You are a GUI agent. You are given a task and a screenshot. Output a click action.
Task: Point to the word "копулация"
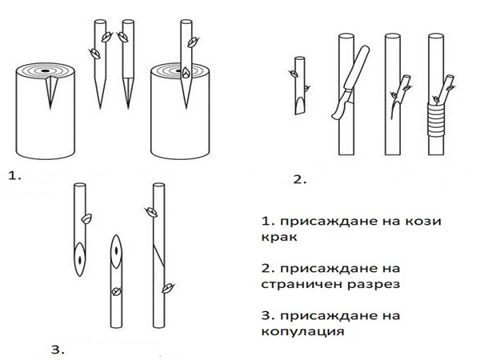pos(301,329)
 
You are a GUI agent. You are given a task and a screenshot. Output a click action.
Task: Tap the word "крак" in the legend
pos(278,237)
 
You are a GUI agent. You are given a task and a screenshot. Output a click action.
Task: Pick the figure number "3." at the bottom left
pos(56,349)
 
